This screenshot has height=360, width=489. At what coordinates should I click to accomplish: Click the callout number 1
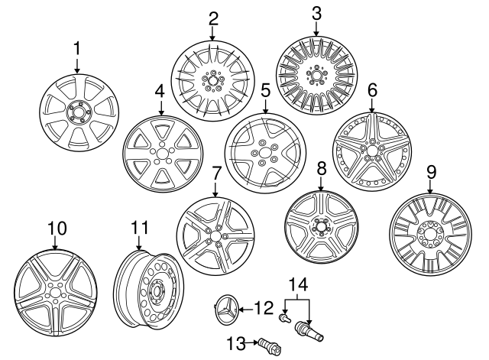(x=76, y=49)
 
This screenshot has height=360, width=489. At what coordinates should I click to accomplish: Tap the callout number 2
(x=213, y=18)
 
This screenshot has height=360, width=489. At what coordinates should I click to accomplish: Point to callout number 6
(x=372, y=90)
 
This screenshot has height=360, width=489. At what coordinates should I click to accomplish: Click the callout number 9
(x=431, y=171)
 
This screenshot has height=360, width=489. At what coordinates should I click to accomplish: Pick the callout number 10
(x=57, y=228)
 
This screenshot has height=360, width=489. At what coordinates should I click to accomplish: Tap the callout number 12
(x=263, y=309)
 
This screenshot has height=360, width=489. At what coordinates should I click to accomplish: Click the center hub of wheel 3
(x=315, y=75)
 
